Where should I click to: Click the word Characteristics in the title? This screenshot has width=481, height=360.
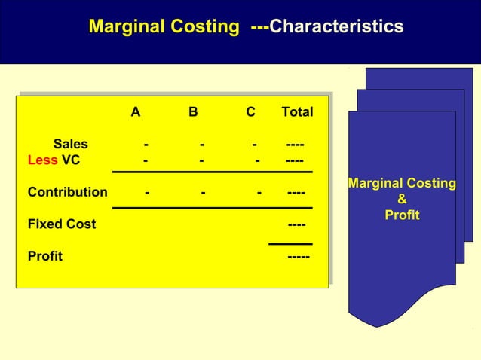pos(336,27)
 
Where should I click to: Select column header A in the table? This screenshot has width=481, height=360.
pos(135,113)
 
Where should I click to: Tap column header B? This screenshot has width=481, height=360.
pos(193,113)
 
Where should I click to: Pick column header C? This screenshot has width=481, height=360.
pos(250,113)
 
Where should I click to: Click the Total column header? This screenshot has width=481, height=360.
pos(297,113)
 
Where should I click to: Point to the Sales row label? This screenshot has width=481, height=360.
pos(70,144)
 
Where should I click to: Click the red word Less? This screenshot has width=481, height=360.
pos(42,160)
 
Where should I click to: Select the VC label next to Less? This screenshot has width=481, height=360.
pos(71,160)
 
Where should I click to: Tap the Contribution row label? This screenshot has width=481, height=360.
pos(67,192)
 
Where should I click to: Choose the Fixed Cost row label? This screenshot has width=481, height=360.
pos(62,224)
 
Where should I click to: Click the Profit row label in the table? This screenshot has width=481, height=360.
pos(45,256)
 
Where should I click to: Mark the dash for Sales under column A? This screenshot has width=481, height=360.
pos(146,144)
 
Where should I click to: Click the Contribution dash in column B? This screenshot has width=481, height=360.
pos(204,192)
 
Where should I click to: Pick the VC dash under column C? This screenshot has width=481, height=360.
pos(258,160)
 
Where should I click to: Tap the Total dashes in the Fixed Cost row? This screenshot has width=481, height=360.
pos(297,224)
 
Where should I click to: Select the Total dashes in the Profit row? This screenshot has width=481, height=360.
pos(298,256)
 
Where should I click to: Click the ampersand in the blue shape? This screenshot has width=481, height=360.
pos(402,200)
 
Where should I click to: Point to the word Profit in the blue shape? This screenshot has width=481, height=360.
pos(402,216)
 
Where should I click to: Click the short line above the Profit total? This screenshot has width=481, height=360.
pos(290,243)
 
